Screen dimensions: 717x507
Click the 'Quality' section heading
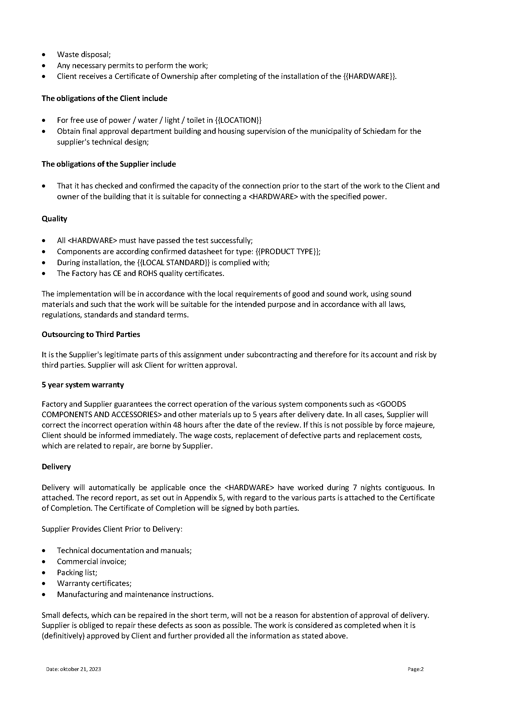pyautogui.click(x=54, y=219)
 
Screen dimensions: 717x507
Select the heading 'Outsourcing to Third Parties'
pyautogui.click(x=91, y=334)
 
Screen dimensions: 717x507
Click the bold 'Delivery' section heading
pyautogui.click(x=56, y=467)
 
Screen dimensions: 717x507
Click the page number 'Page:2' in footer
pyautogui.click(x=415, y=669)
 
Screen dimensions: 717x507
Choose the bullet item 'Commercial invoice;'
pyautogui.click(x=91, y=561)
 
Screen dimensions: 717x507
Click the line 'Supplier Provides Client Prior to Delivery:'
pyautogui.click(x=112, y=529)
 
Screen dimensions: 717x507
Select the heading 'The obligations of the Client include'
pyautogui.click(x=104, y=99)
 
